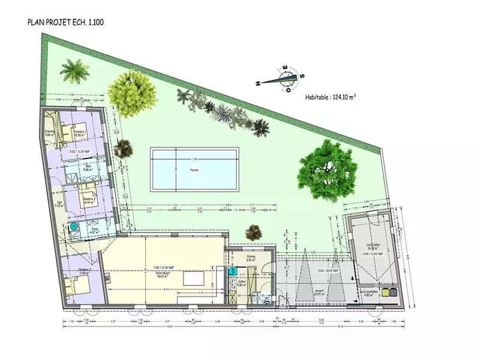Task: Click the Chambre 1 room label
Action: pyautogui.click(x=79, y=133)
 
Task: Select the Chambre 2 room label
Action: pyautogui.click(x=89, y=200)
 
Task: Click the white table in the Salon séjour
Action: pyautogui.click(x=194, y=279)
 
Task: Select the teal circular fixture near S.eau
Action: pyautogui.click(x=73, y=227)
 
